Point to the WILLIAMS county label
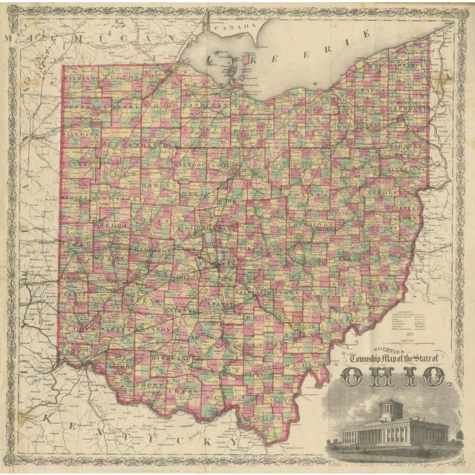coord(79,76)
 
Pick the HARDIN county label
coord(151,185)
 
